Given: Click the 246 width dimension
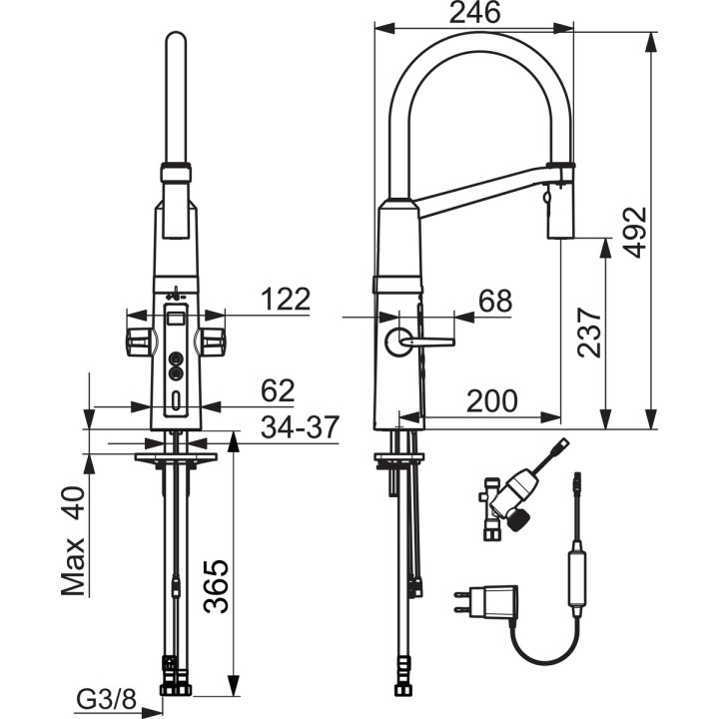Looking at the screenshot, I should tap(473, 13).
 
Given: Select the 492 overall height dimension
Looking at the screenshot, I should tap(635, 233).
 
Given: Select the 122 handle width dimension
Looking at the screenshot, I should tap(285, 299).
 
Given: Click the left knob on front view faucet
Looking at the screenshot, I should tap(136, 342).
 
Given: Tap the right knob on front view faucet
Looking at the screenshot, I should tap(212, 342).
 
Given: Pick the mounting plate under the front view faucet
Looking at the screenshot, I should tap(175, 459).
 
